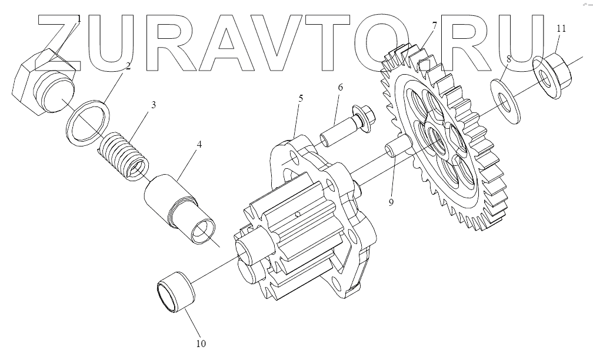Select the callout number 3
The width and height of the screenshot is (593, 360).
(153, 105)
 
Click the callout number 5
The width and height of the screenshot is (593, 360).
(300, 98)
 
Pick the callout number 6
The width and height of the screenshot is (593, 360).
(340, 87)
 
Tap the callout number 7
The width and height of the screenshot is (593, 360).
(434, 26)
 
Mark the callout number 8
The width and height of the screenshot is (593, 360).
(508, 59)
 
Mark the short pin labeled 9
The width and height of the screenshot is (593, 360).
(396, 146)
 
